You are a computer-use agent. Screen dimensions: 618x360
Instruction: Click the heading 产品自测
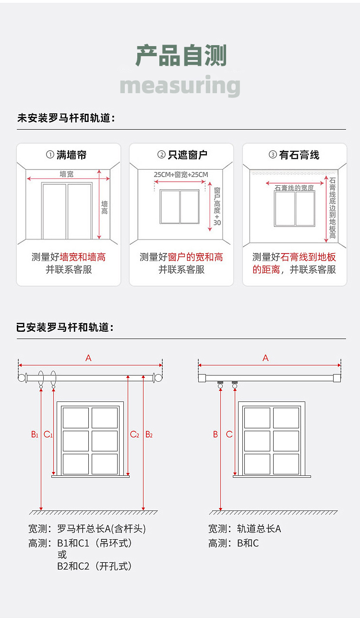180,56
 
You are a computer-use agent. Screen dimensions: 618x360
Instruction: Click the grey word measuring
180,86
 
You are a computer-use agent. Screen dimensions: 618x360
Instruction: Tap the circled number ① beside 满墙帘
50,155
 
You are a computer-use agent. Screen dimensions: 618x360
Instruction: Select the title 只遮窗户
187,155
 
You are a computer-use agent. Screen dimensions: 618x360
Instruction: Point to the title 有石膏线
299,155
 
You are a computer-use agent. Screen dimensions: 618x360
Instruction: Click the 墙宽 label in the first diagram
66,174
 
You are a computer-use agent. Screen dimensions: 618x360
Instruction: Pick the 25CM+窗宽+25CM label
181,174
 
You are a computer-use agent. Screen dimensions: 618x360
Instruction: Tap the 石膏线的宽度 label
294,188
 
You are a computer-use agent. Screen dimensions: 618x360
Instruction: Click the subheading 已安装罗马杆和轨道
65,327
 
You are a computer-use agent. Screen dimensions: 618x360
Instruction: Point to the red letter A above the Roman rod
88,358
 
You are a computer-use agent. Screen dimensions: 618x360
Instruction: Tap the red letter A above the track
265,358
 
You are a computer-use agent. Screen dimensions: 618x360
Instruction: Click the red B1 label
35,435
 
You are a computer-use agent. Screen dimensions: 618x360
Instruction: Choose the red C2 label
134,435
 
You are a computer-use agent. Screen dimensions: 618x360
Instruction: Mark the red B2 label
149,435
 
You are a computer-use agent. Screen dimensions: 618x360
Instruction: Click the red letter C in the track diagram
229,435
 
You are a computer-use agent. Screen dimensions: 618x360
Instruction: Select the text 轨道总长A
259,529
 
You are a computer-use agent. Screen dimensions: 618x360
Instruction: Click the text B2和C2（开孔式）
95,566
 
